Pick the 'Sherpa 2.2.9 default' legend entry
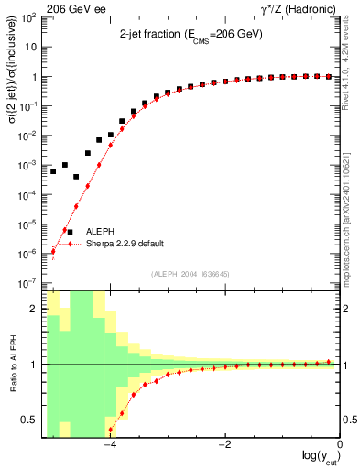point(125,244)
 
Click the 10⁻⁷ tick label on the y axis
point(29,283)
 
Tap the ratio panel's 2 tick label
point(34,309)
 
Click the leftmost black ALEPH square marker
point(53,171)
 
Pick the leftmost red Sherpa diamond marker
point(53,251)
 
